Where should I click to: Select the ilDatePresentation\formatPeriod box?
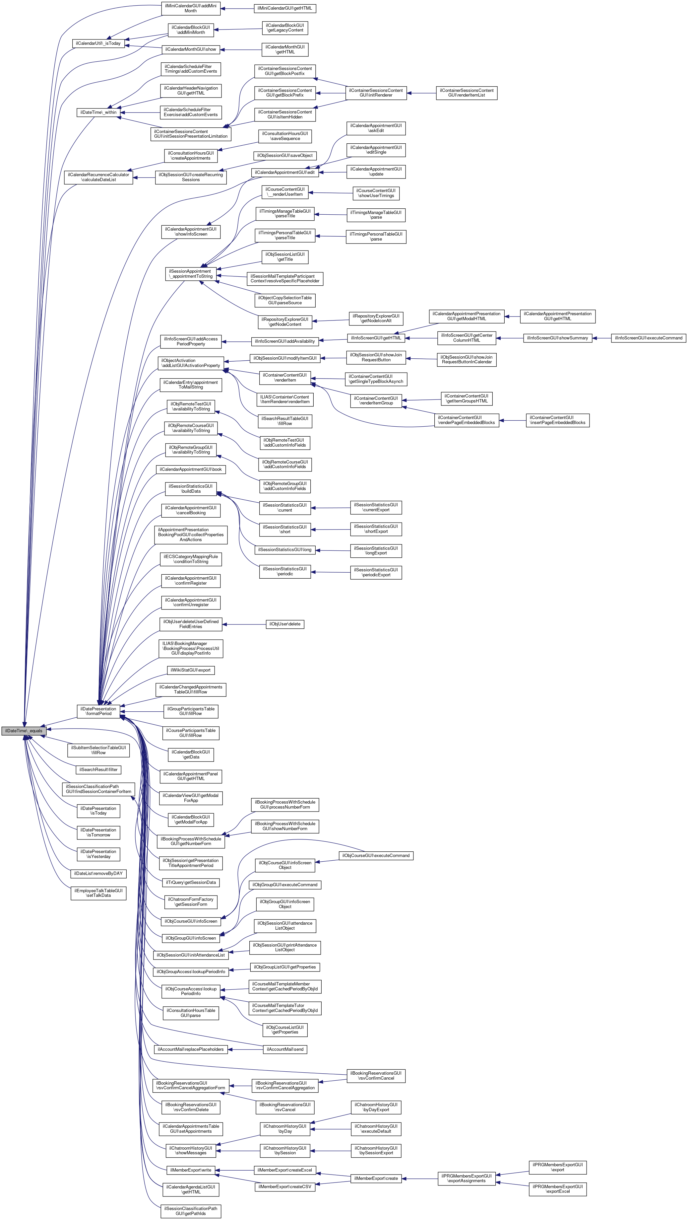(98, 711)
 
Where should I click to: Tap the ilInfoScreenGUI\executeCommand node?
(648, 338)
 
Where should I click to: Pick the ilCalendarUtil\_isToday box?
(98, 43)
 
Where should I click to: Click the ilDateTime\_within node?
(98, 112)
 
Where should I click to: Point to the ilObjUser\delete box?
(285, 624)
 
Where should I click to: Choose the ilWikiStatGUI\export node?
(191, 670)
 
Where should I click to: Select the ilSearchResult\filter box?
(98, 770)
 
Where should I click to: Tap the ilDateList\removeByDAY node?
(98, 873)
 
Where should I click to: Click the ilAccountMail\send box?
(285, 1049)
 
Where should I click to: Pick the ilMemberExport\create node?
(376, 1178)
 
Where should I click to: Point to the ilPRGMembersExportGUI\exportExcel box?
(557, 1189)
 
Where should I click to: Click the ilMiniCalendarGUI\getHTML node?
(285, 9)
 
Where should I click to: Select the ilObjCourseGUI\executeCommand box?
(376, 855)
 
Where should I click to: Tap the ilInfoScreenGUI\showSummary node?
(557, 338)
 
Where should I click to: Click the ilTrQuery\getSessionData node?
(191, 882)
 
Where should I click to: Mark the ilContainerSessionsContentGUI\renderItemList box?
(466, 93)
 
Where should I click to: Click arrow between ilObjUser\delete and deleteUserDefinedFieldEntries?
(244, 624)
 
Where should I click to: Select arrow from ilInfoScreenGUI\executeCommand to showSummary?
(602, 338)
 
